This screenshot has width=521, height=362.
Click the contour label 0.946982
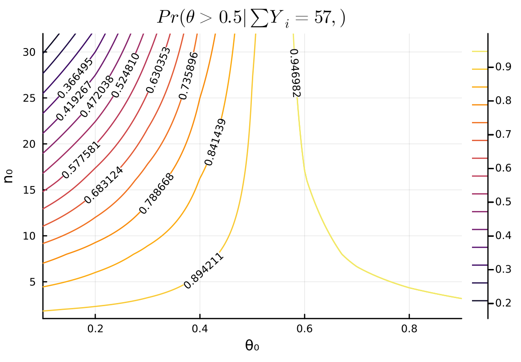pos(295,73)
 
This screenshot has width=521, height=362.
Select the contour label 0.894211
pos(204,271)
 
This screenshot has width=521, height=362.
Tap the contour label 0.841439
pos(215,142)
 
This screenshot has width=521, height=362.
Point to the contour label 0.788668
pos(157,194)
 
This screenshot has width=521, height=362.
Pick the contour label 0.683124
pos(103,185)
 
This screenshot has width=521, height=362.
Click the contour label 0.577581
pos(81,160)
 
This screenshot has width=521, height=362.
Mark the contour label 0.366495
pos(75,78)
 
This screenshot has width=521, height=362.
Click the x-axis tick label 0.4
pos(200,328)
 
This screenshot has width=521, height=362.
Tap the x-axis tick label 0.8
pos(409,328)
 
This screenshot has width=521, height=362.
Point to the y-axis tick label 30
pos(29,52)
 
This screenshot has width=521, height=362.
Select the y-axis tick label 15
pos(29,190)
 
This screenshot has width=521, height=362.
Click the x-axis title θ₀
pos(252,346)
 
